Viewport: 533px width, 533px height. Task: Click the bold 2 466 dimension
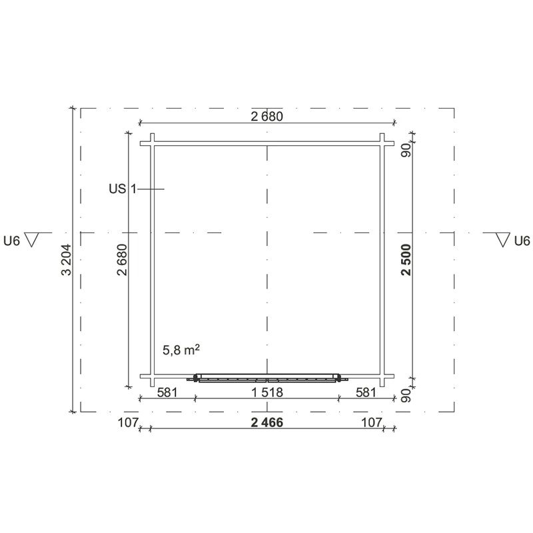[x=267, y=422]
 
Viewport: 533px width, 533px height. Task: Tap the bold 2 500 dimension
[x=406, y=260]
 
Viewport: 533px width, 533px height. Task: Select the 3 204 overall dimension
[x=66, y=260]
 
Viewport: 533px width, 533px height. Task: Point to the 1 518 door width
[x=267, y=392]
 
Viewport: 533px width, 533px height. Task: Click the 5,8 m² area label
[x=181, y=350]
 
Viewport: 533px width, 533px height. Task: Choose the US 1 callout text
[x=123, y=189]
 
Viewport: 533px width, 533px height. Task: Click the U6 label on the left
[x=12, y=241]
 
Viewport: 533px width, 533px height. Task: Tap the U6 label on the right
[x=522, y=241]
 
